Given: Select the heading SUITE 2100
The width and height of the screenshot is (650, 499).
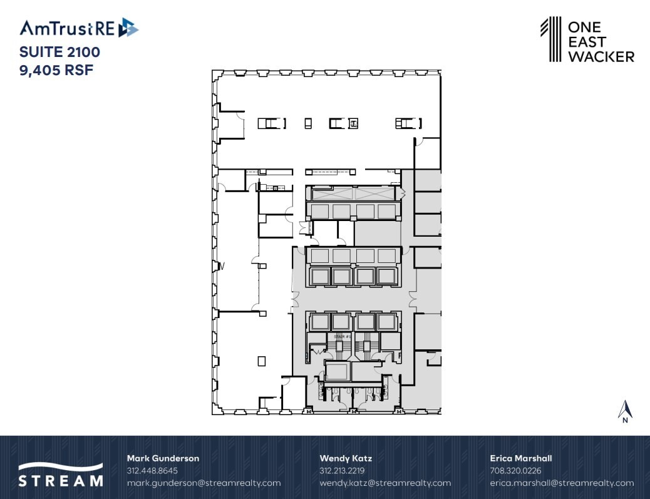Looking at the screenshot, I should coord(59,51).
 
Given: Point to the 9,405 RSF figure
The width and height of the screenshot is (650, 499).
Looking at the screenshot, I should coord(56,70).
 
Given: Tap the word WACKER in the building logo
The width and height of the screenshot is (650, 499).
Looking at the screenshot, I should coord(601,57).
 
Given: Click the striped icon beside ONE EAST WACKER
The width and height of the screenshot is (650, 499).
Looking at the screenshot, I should coord(550,39).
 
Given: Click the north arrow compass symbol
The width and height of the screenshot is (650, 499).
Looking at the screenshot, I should coord(624,411).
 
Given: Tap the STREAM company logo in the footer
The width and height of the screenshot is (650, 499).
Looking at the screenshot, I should coord(60,475).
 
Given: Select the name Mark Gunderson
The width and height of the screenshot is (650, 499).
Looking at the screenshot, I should coord(163,458).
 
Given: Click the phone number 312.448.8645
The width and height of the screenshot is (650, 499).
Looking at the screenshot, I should coord(152,471).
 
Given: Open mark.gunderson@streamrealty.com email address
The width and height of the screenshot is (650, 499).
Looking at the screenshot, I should coord(204,483).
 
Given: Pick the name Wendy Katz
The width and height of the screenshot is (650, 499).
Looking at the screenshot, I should coord(346,458).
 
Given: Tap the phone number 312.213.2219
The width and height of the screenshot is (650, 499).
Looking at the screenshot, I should coord(342,471).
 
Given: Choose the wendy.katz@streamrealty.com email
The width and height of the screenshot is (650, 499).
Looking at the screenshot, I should coord(385,483).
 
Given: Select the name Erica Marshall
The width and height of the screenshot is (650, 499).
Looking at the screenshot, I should coord(520,458).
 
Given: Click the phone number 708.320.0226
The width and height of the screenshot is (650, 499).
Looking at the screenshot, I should coord(515,471).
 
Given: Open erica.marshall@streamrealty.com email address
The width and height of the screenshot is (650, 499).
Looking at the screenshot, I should coord(562,483).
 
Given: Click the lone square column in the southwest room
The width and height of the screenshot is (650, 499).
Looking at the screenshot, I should coord(261,361).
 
